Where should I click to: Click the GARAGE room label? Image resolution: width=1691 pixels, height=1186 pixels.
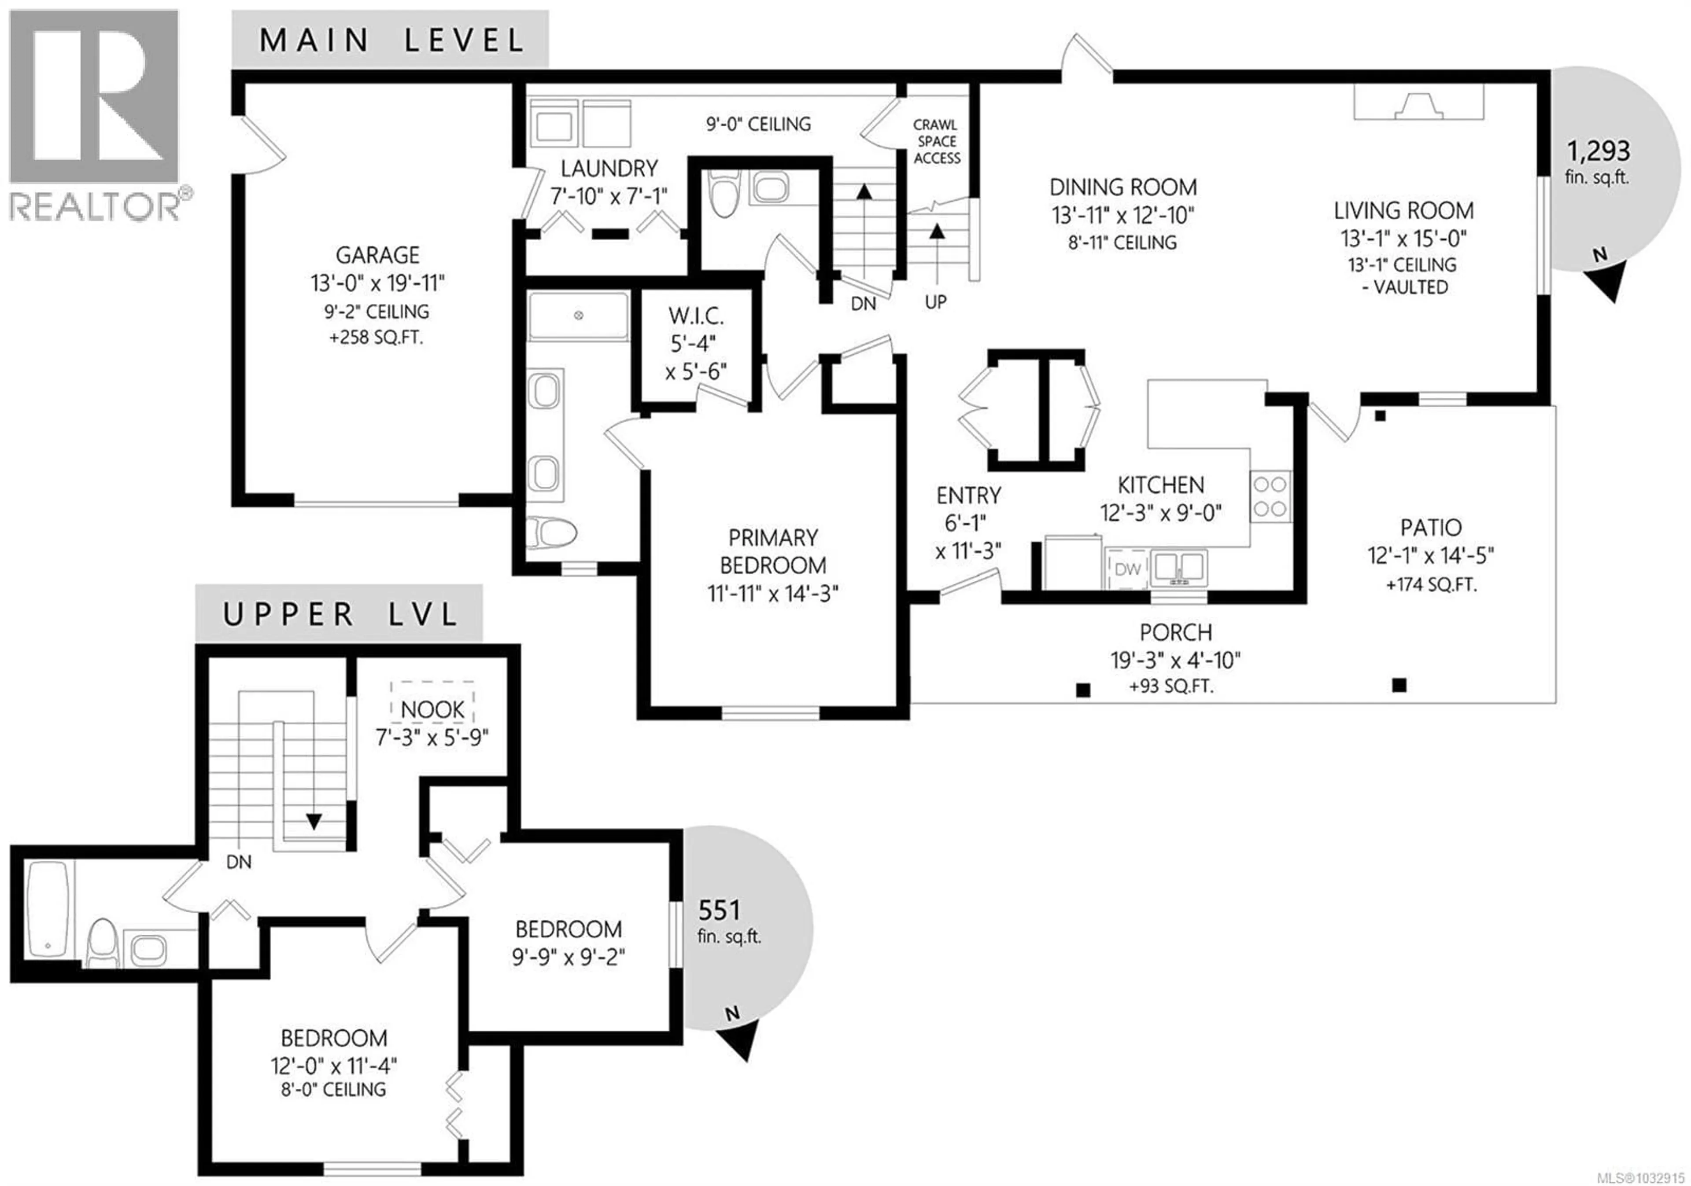(x=378, y=255)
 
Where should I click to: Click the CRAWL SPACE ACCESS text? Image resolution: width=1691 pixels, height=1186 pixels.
(x=936, y=141)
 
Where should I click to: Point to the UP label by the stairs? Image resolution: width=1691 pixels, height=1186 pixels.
(x=935, y=302)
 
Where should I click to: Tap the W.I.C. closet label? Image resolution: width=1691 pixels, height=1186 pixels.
(x=696, y=316)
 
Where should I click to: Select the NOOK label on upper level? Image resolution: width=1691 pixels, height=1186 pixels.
(x=432, y=710)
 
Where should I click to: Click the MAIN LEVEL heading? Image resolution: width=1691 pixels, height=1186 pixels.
(x=391, y=40)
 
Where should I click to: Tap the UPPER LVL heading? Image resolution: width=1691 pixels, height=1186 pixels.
(x=340, y=614)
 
